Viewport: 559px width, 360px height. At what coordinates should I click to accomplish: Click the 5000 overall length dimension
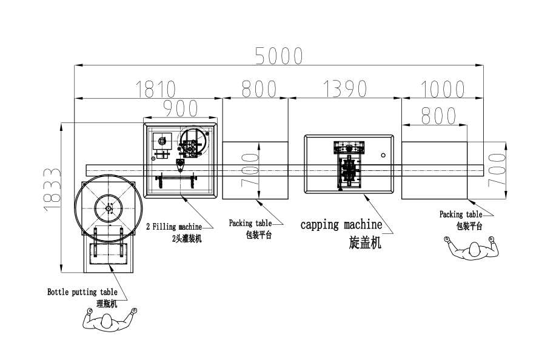pyautogui.click(x=279, y=56)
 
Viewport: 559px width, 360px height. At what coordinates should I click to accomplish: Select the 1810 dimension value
pyautogui.click(x=156, y=89)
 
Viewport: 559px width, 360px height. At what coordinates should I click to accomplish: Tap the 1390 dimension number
pyautogui.click(x=345, y=88)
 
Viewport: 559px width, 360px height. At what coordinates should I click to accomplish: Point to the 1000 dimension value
pyautogui.click(x=443, y=89)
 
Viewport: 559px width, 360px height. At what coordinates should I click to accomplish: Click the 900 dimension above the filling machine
pyautogui.click(x=181, y=108)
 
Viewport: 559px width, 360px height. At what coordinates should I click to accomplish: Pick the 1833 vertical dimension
pyautogui.click(x=52, y=189)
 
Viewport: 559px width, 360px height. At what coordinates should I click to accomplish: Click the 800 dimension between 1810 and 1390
pyautogui.click(x=259, y=89)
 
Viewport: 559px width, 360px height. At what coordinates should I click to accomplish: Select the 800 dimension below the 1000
pyautogui.click(x=438, y=116)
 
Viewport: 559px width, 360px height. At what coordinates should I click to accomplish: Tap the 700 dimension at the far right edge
pyautogui.click(x=497, y=170)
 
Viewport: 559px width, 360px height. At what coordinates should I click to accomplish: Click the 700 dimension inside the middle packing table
pyautogui.click(x=250, y=170)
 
